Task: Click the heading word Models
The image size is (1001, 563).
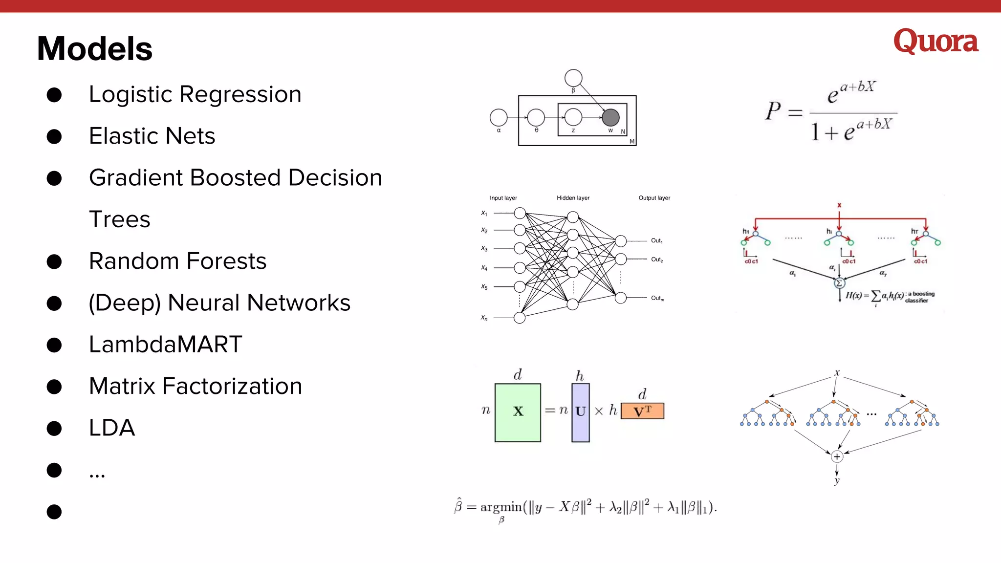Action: [95, 49]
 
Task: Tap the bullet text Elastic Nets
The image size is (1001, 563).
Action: [152, 136]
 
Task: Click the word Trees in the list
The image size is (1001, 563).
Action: [120, 219]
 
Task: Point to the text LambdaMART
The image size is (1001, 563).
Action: [166, 345]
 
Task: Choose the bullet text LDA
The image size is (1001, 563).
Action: [112, 428]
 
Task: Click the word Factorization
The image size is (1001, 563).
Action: [232, 386]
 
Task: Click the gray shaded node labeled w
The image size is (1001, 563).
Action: [610, 117]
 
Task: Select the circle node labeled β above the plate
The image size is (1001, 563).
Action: [573, 78]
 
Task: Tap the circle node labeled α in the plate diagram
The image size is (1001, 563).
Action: [499, 117]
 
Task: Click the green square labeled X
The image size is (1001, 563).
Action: [518, 412]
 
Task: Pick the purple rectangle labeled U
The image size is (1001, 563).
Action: [580, 412]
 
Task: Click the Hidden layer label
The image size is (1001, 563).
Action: [573, 198]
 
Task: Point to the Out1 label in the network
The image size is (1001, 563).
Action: [656, 240]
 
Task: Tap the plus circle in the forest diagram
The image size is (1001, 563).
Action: [837, 456]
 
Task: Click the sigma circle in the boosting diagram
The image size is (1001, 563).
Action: [839, 283]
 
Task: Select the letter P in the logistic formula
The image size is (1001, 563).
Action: [773, 111]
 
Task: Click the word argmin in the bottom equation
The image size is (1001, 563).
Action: [501, 507]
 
